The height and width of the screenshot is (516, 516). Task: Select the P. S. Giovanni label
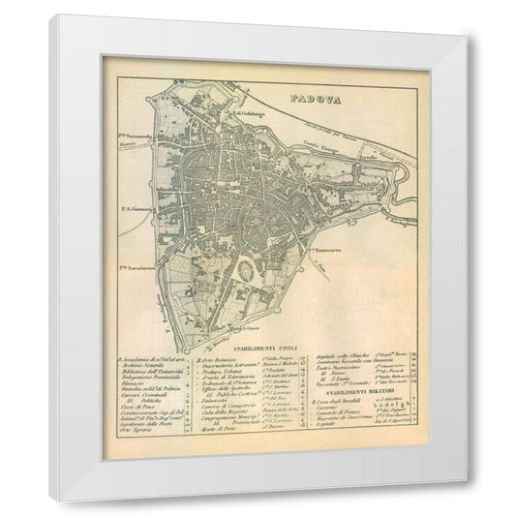pyautogui.click(x=139, y=208)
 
